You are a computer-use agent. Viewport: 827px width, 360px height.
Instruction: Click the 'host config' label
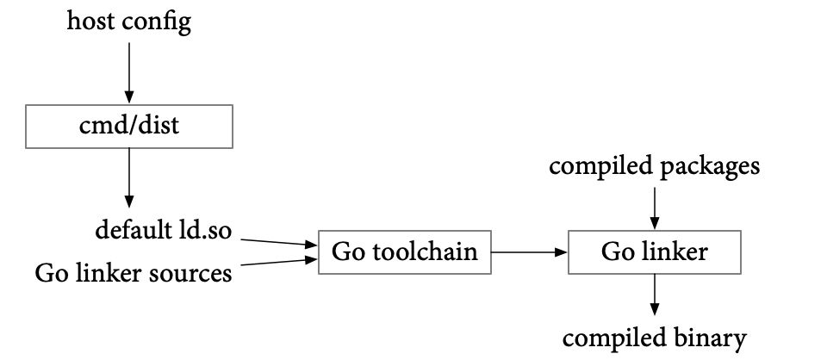[128, 22]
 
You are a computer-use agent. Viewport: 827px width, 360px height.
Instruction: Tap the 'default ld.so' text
[164, 230]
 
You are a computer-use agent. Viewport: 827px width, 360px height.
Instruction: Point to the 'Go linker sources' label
[134, 273]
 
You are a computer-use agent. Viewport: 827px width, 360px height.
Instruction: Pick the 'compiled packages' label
[655, 166]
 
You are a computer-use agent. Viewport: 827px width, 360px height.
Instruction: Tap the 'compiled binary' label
[655, 338]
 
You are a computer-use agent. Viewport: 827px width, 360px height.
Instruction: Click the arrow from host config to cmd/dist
[129, 72]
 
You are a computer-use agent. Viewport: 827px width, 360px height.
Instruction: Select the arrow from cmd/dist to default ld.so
[129, 177]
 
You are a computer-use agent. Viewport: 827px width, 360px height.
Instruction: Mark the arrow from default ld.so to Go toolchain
[278, 243]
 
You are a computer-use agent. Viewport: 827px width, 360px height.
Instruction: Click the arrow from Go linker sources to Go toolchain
[278, 262]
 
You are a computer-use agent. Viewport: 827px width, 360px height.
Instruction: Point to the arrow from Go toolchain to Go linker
[530, 252]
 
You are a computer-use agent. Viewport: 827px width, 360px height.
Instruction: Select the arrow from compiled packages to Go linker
[655, 208]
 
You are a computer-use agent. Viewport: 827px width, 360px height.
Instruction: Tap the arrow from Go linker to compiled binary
[655, 295]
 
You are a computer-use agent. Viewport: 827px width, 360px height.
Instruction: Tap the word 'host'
[90, 22]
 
